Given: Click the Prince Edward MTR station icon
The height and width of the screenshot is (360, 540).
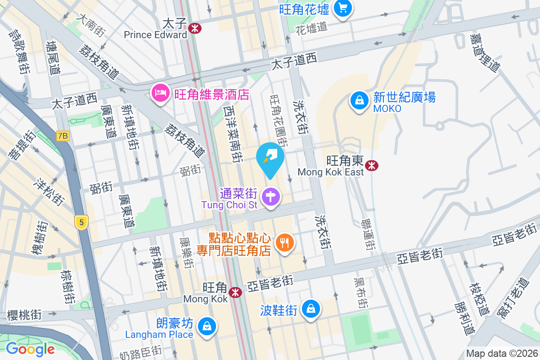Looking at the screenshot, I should point(195,28).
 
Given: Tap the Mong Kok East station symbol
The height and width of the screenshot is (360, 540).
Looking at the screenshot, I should point(372,166).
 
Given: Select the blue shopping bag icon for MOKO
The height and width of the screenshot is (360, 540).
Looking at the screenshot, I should point(360,100).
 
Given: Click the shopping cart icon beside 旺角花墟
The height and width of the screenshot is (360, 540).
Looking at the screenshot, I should point(343,8).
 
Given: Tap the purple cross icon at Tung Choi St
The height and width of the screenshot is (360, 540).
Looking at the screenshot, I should point(271,197).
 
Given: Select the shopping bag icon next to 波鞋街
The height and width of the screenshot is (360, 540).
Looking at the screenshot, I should point(310,309).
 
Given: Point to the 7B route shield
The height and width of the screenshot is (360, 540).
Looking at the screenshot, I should point(63,135).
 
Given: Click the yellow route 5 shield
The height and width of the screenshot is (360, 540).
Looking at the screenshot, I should point(81,222).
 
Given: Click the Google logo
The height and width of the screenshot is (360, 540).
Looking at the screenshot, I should point(30,349).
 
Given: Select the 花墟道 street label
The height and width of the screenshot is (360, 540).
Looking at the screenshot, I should point(311,28).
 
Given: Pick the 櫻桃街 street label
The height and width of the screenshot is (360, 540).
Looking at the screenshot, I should point(25,315).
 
